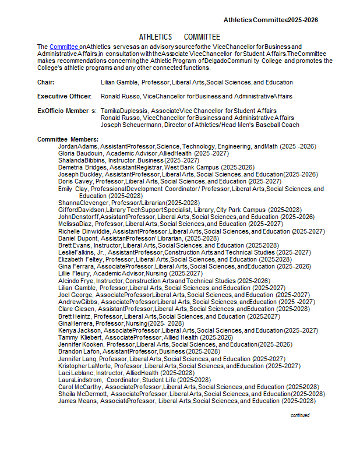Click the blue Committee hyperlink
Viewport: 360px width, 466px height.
click(63, 47)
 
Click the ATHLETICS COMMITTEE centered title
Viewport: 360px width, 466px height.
click(179, 37)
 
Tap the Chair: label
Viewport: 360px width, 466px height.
click(46, 82)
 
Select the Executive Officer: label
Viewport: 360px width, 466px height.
click(64, 96)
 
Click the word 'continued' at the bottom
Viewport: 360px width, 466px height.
click(300, 415)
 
